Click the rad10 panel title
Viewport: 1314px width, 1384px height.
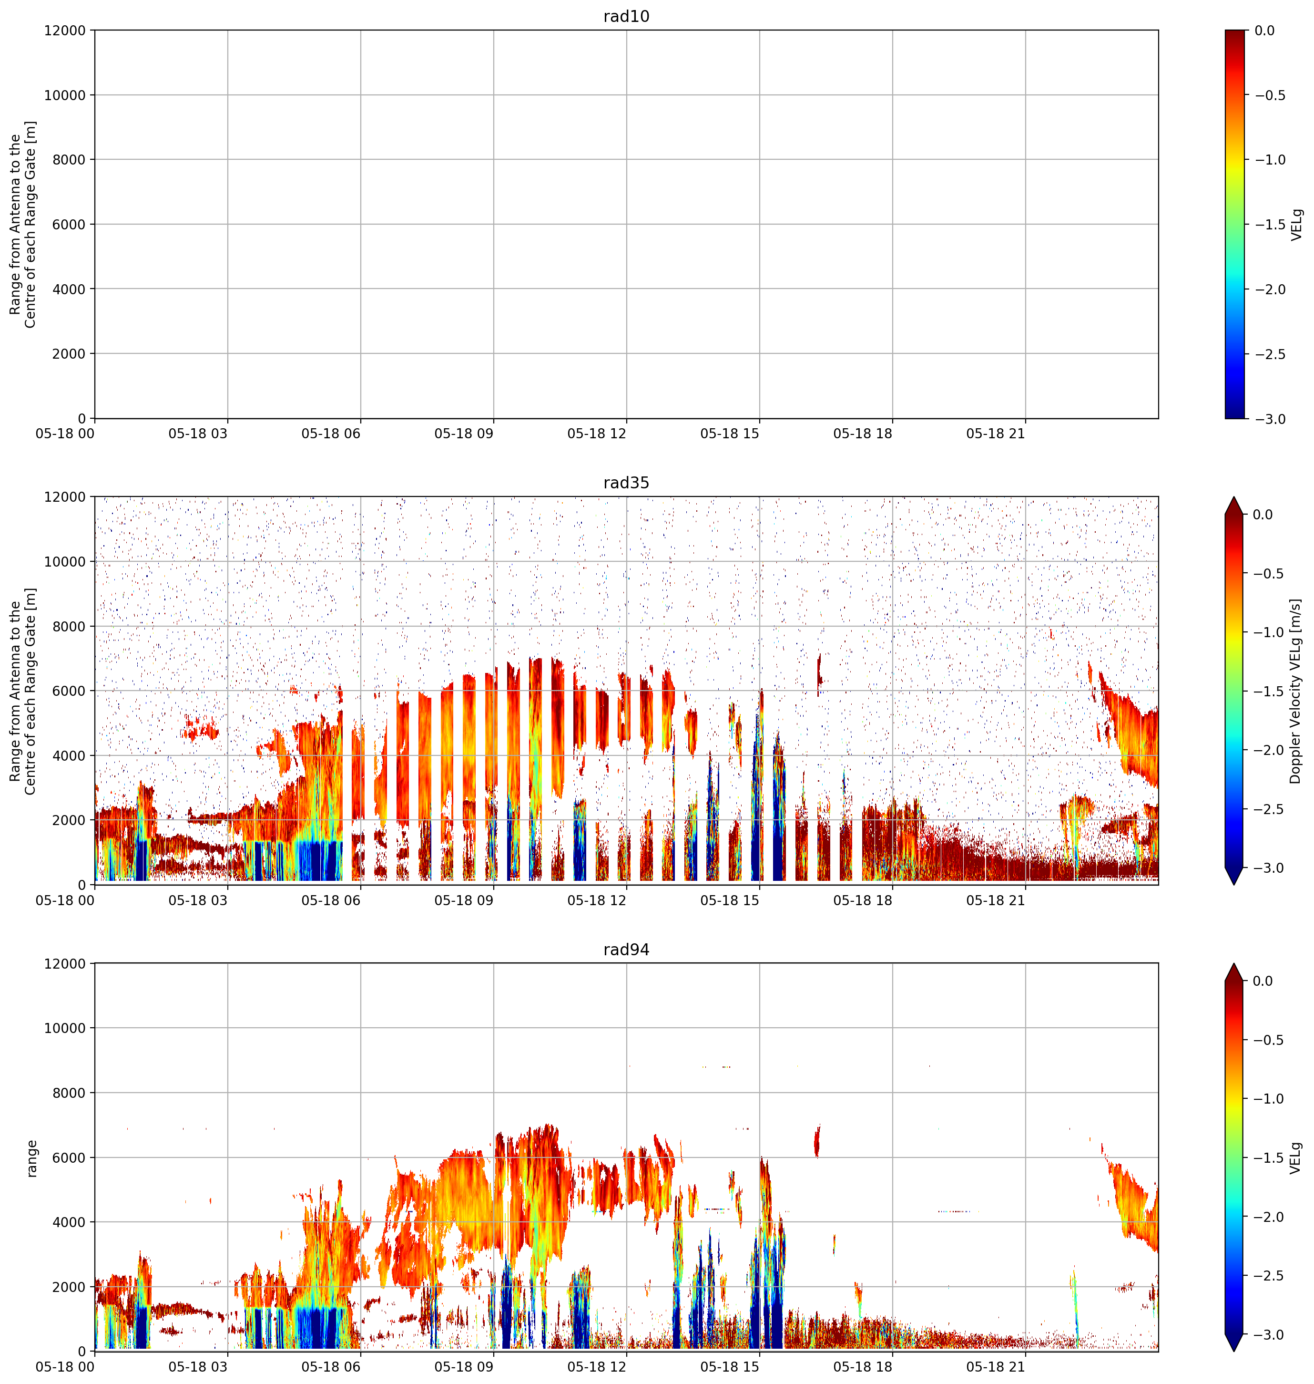click(x=626, y=16)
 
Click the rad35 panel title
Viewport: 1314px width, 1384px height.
click(x=626, y=483)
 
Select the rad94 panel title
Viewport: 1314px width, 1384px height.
click(x=626, y=950)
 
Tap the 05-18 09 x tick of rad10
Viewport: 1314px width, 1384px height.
click(x=464, y=434)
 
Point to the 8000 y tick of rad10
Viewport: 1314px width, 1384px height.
click(x=69, y=160)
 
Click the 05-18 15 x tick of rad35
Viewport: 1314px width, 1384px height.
click(x=730, y=900)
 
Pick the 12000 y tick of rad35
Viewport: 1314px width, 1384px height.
click(x=65, y=497)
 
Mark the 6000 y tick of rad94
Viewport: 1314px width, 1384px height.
click(x=69, y=1157)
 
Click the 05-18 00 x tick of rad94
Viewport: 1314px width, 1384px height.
click(x=65, y=1367)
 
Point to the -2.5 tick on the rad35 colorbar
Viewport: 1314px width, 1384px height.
click(x=1269, y=809)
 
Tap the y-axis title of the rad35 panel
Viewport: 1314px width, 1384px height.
click(x=23, y=691)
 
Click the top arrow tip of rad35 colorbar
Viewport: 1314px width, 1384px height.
click(x=1234, y=497)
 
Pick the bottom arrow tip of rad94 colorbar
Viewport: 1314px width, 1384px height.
click(x=1234, y=1351)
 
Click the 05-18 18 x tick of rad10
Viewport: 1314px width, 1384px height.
click(x=863, y=434)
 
